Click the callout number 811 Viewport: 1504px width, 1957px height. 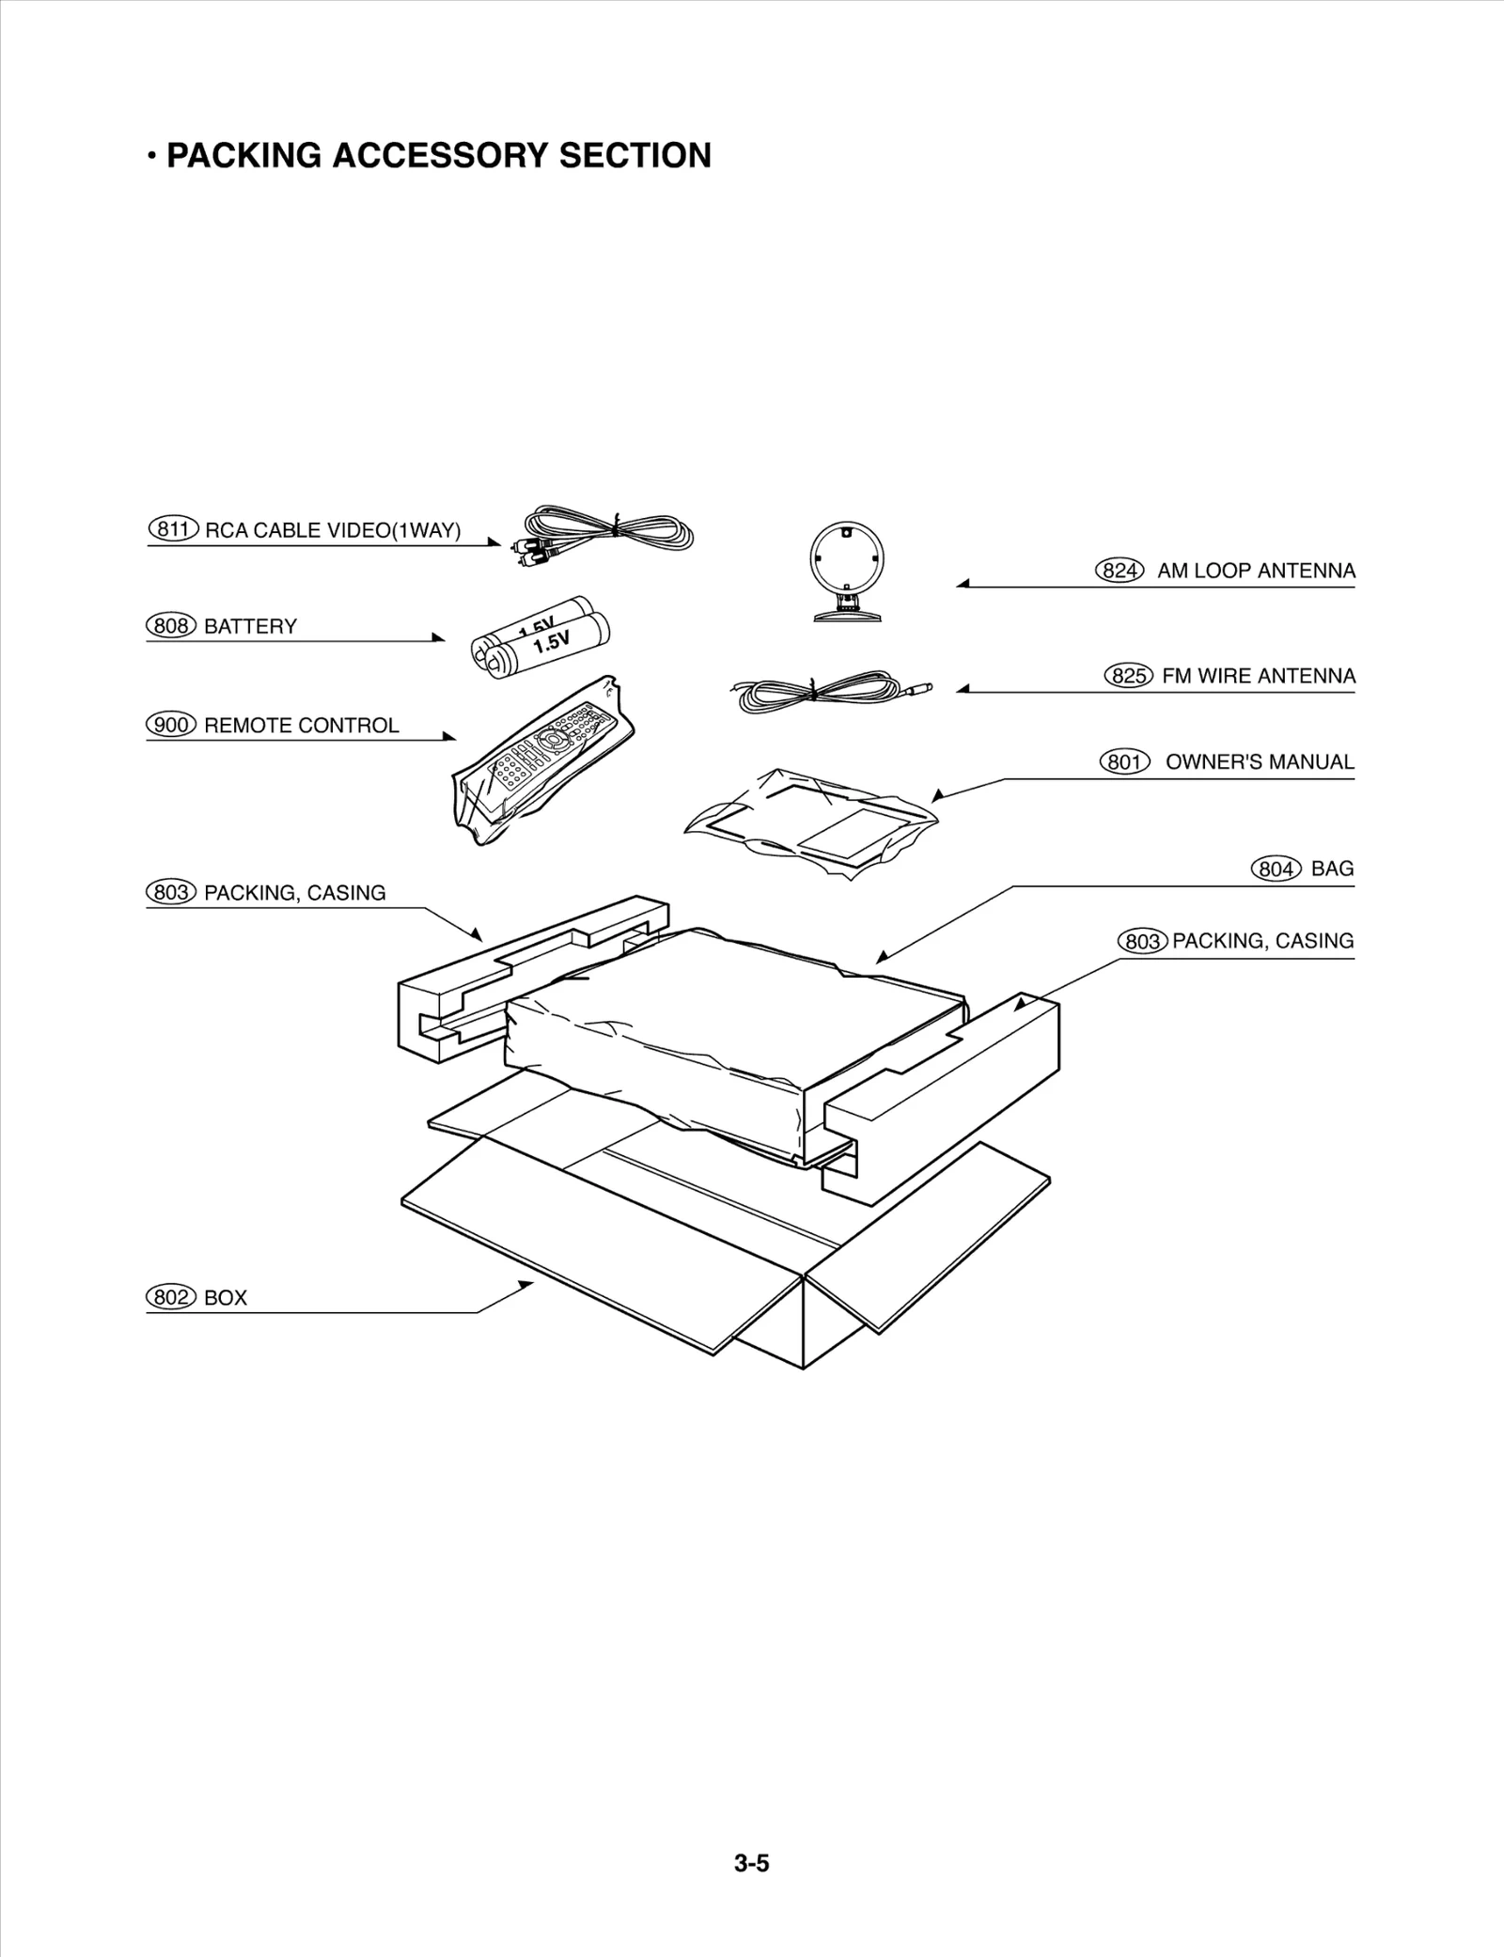[x=173, y=529]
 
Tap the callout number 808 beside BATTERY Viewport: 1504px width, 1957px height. [x=171, y=626]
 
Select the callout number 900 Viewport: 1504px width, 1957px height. [x=171, y=725]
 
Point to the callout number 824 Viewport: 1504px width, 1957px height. [x=1120, y=571]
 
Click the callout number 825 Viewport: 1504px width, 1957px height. [x=1128, y=676]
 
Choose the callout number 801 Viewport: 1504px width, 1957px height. [x=1124, y=762]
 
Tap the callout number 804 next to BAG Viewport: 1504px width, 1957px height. [x=1276, y=869]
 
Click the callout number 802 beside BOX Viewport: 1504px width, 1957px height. [x=171, y=1297]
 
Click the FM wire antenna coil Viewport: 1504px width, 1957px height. [x=818, y=693]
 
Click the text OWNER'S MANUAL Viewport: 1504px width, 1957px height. [x=1260, y=762]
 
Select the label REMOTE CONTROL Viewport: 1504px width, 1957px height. [x=301, y=725]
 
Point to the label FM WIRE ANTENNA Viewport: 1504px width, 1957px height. [x=1259, y=676]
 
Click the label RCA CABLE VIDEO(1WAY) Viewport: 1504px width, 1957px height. [x=333, y=529]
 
